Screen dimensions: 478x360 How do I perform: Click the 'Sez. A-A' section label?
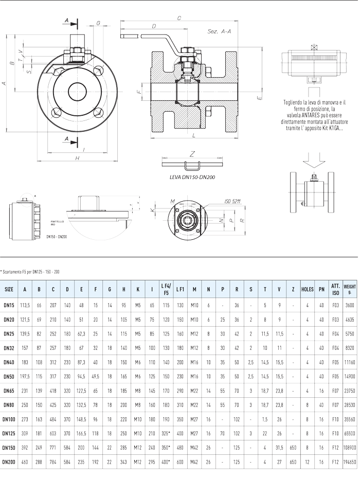coord(219,31)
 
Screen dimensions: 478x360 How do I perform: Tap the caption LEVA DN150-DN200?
coord(192,176)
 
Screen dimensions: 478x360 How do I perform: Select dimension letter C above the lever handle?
coord(178,19)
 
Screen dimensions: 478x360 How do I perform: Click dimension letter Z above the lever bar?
coord(192,153)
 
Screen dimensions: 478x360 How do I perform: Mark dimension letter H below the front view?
coord(77,158)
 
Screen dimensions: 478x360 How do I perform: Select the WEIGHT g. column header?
coord(350,289)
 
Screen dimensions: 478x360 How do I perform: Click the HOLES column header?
coord(307,289)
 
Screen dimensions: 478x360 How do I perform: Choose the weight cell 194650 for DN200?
coord(350,463)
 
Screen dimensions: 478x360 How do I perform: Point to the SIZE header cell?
coord(9,289)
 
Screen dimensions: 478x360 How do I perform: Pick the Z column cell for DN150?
coord(293,448)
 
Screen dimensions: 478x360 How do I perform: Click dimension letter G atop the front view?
coord(98,23)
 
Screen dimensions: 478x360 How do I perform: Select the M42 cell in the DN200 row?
coord(194,463)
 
